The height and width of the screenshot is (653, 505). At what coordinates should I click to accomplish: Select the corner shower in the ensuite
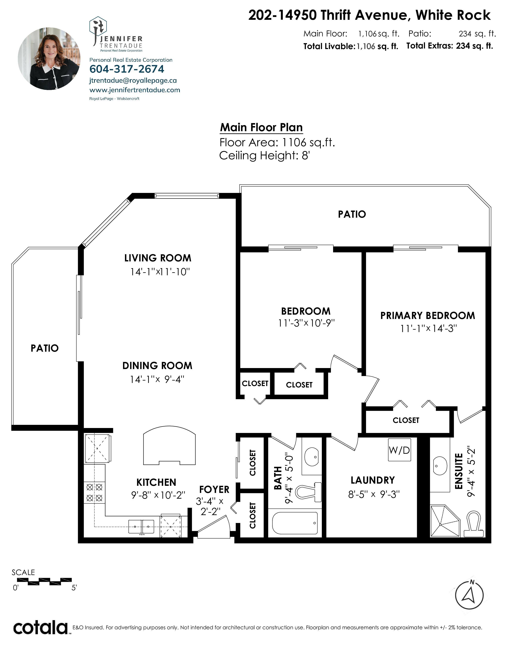coord(445,521)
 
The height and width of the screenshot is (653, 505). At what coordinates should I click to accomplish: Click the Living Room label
coord(158,258)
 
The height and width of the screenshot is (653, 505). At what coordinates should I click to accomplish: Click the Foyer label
coord(214,489)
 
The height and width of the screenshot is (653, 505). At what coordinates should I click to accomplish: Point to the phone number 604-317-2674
coord(127,69)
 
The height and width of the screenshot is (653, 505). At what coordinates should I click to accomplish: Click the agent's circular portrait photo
coord(49,59)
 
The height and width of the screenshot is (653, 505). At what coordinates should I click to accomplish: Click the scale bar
coord(50,581)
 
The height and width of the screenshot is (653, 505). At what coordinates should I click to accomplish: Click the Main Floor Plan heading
coord(261,127)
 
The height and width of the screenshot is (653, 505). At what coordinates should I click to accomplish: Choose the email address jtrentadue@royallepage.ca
coord(133,80)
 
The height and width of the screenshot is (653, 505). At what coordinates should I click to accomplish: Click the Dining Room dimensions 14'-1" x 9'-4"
coord(157,379)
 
